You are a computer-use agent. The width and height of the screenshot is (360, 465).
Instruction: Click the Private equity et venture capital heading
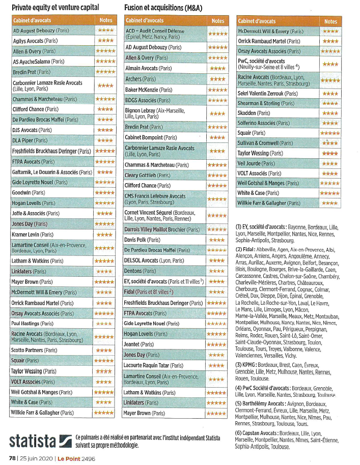pyautogui.click(x=55, y=7)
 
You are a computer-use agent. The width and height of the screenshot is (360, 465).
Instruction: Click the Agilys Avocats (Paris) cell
pyautogui.click(x=35, y=41)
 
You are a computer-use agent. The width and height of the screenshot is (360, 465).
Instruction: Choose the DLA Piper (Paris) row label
pyautogui.click(x=30, y=140)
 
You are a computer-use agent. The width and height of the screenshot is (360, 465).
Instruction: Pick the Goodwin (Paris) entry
pyautogui.click(x=29, y=193)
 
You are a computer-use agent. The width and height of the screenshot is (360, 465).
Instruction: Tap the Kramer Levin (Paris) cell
pyautogui.click(x=33, y=235)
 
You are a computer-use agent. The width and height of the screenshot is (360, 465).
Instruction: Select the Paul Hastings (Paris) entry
pyautogui.click(x=34, y=324)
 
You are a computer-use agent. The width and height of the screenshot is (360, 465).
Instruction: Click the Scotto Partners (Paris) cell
pyautogui.click(x=35, y=351)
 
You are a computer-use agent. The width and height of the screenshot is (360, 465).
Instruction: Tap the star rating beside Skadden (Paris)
pyautogui.click(x=330, y=113)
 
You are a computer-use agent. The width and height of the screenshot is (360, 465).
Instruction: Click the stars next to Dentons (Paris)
pyautogui.click(x=217, y=271)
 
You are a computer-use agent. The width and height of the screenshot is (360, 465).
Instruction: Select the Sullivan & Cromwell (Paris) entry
pyautogui.click(x=265, y=143)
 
